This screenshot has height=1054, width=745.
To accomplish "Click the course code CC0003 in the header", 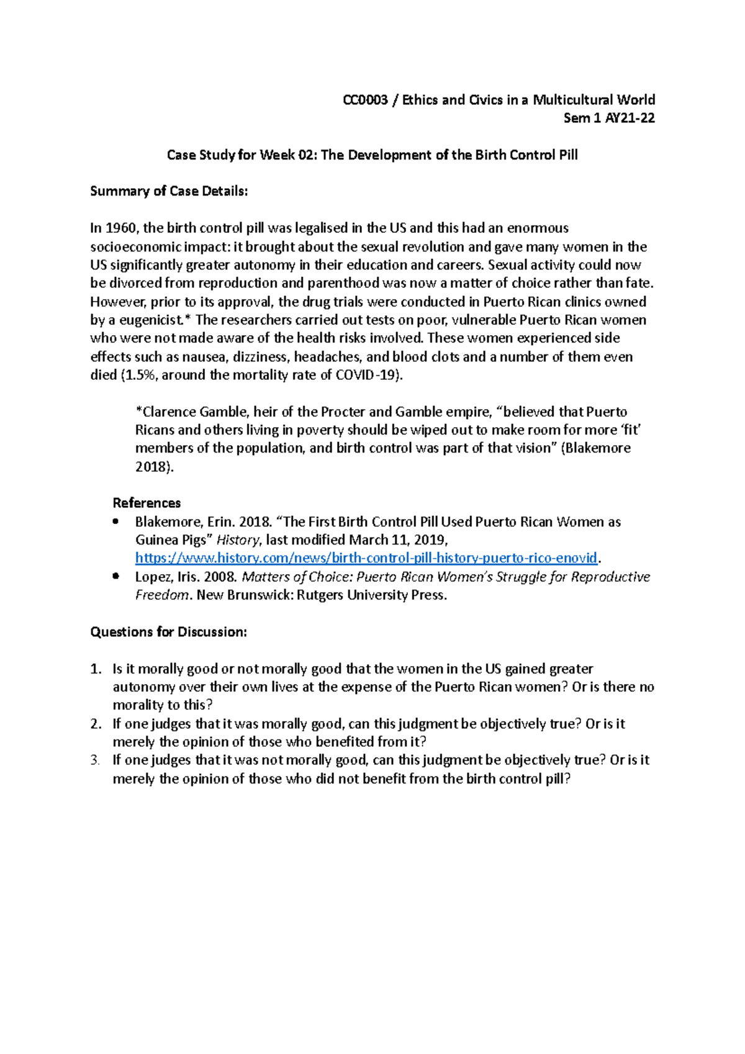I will (x=365, y=100).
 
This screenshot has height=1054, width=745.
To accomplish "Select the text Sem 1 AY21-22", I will (x=608, y=118).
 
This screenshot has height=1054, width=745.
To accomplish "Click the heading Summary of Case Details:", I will (x=169, y=191).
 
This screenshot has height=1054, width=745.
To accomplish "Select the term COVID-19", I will (x=366, y=375).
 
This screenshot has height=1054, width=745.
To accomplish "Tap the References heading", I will (x=147, y=503).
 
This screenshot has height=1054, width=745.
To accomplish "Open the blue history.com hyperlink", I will (x=366, y=557).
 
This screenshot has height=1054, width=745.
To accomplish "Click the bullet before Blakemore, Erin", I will (x=116, y=521).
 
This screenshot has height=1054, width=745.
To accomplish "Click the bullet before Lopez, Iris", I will (x=116, y=577).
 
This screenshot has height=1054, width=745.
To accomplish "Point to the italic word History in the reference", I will (x=238, y=540).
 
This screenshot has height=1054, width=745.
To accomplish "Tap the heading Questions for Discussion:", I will (x=169, y=632).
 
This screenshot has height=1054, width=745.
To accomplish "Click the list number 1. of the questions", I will (x=95, y=669).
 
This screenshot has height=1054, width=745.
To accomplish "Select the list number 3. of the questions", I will (x=95, y=760).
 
